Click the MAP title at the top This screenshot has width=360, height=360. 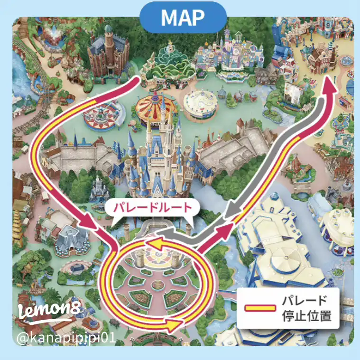pyautogui.click(x=182, y=18)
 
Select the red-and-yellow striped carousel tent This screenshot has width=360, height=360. pyautogui.click(x=154, y=105)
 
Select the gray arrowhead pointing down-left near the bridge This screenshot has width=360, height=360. pyautogui.click(x=231, y=214)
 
